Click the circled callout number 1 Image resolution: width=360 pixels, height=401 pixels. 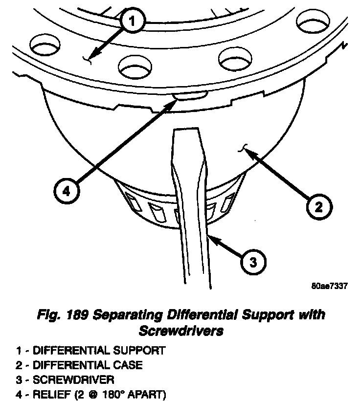pos(135,22)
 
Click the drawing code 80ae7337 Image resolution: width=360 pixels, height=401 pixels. pos(329,287)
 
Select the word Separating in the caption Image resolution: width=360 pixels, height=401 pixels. pos(116,314)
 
